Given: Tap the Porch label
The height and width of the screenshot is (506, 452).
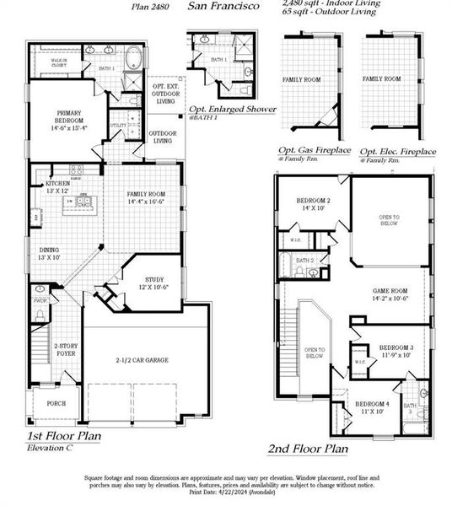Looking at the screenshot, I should click(x=56, y=403).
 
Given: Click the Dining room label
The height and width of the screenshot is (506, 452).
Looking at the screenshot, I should click(x=50, y=254).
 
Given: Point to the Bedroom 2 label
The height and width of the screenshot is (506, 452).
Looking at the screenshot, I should click(x=312, y=203).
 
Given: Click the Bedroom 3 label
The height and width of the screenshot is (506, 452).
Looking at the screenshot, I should click(x=395, y=351).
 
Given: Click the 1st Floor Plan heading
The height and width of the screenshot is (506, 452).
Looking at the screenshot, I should click(x=64, y=436).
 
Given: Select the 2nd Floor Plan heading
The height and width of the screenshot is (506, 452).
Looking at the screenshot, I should click(x=307, y=449).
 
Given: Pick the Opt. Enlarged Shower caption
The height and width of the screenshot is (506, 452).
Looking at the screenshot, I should click(x=233, y=110).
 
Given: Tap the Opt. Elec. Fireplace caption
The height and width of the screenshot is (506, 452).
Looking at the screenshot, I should click(x=398, y=151).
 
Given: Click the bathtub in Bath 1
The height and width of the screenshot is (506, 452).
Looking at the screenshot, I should click(x=133, y=61).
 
